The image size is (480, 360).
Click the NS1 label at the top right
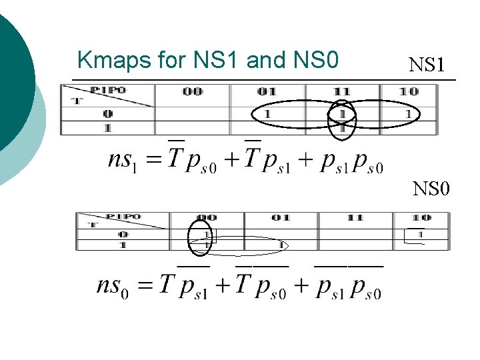pos(427,65)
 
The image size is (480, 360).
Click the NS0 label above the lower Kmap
pos(431,189)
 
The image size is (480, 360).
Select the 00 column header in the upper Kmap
pos(192,91)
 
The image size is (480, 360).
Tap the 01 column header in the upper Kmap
pos(267,91)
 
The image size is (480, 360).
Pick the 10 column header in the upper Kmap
pos(409,91)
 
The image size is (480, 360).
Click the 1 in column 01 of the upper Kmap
pos(267,114)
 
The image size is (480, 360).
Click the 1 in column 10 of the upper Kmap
pos(408,114)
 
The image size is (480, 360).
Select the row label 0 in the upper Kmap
pos(108,114)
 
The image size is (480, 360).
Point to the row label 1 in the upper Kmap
pos(108,127)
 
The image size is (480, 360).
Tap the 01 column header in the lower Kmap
pos(281,218)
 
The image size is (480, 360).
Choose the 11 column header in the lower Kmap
pos(355,218)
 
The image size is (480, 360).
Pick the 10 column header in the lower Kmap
pos(421,218)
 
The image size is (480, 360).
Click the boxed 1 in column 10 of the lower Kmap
pos(420,234)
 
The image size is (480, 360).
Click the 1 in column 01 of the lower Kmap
pos(281,245)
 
